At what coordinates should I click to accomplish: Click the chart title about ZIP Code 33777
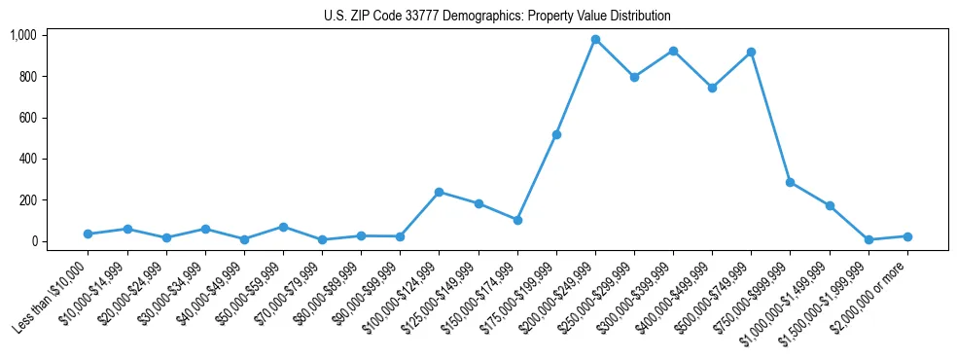point(497,16)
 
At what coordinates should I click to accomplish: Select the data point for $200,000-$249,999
point(595,39)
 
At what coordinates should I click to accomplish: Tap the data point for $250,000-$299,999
point(634,77)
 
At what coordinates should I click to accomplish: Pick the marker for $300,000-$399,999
point(673,51)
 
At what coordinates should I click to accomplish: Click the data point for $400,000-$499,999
point(712,88)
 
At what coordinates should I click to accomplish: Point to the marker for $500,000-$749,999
point(751,52)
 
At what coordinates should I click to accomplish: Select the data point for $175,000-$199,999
point(556,134)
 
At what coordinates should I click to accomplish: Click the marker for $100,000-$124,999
point(439,192)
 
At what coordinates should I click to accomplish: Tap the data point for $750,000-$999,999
point(790,182)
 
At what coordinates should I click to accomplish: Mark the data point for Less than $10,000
point(88,234)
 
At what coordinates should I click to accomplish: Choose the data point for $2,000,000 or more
point(906,236)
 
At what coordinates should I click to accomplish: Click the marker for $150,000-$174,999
point(517,220)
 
